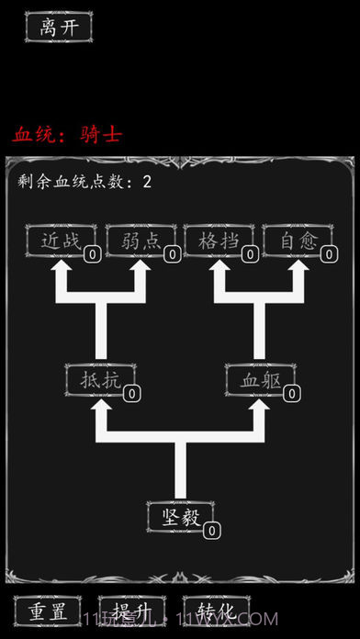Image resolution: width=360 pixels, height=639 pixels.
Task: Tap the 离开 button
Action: [59, 27]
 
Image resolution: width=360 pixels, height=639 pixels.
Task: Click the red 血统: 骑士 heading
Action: [67, 134]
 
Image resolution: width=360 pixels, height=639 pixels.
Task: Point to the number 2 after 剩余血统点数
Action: [147, 182]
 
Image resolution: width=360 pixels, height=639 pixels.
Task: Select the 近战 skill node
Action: [61, 241]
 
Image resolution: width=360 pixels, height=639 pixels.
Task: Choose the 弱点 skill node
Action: [141, 241]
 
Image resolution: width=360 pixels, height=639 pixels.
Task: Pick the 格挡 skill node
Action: [219, 241]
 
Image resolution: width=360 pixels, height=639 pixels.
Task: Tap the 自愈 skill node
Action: [298, 241]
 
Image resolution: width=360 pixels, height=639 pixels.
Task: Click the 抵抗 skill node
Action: [99, 379]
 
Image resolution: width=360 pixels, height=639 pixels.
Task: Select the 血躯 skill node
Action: [260, 379]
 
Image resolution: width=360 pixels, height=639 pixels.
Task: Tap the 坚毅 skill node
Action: [179, 516]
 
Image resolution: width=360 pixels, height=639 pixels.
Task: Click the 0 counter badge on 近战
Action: [93, 255]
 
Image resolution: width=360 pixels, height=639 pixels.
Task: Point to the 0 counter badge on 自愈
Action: [329, 255]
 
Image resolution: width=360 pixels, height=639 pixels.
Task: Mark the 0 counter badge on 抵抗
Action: [132, 393]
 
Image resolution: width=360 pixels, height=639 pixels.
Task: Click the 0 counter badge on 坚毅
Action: [211, 530]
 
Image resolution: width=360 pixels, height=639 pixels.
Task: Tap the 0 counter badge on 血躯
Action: [292, 393]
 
